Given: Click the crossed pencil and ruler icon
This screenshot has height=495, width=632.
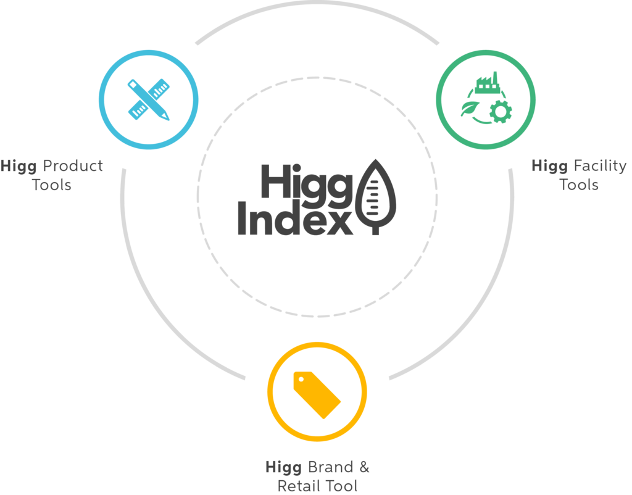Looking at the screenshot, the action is click(149, 99).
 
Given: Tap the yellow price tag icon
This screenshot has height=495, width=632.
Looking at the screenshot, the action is click(317, 395).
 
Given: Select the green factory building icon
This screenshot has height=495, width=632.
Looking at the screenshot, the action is click(488, 83).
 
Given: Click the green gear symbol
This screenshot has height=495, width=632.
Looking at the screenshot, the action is click(501, 112).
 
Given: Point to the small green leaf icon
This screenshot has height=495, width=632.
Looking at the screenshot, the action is click(470, 109).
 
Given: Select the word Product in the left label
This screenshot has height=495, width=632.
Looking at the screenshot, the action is click(73, 165).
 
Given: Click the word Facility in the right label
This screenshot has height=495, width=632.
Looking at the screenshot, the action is click(600, 166).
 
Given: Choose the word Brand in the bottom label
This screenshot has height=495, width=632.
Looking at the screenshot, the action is click(331, 467).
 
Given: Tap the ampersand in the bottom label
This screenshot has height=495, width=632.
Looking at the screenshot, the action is click(364, 467).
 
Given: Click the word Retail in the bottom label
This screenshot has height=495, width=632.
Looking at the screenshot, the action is click(299, 486).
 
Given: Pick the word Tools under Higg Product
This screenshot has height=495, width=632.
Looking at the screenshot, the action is click(52, 185).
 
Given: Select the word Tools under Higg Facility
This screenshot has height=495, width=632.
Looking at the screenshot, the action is click(579, 185).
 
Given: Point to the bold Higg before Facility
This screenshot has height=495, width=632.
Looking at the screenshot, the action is click(550, 166).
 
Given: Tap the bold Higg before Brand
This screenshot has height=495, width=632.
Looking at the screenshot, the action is click(283, 468).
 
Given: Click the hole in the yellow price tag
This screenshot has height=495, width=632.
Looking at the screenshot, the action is click(301, 380).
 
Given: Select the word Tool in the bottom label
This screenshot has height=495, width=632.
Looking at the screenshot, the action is click(341, 486).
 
